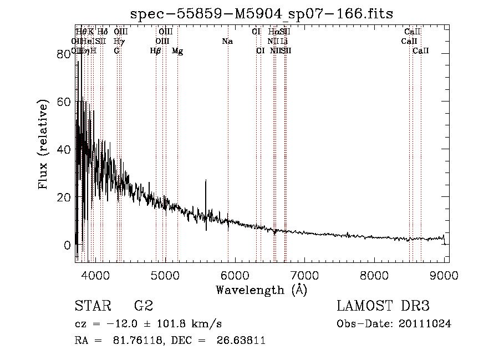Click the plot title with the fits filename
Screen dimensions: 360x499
click(261, 13)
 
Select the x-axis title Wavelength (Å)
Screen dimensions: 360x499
click(261, 290)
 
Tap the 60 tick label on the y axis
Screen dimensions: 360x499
click(64, 102)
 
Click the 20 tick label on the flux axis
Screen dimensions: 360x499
click(64, 197)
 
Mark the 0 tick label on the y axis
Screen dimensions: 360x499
click(68, 245)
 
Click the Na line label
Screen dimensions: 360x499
click(227, 42)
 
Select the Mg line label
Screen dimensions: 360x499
click(177, 51)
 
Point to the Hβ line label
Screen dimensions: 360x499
click(156, 51)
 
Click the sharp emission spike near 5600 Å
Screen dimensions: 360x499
click(206, 181)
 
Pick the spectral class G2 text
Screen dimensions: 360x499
click(143, 306)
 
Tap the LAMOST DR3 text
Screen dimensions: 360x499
click(383, 306)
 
